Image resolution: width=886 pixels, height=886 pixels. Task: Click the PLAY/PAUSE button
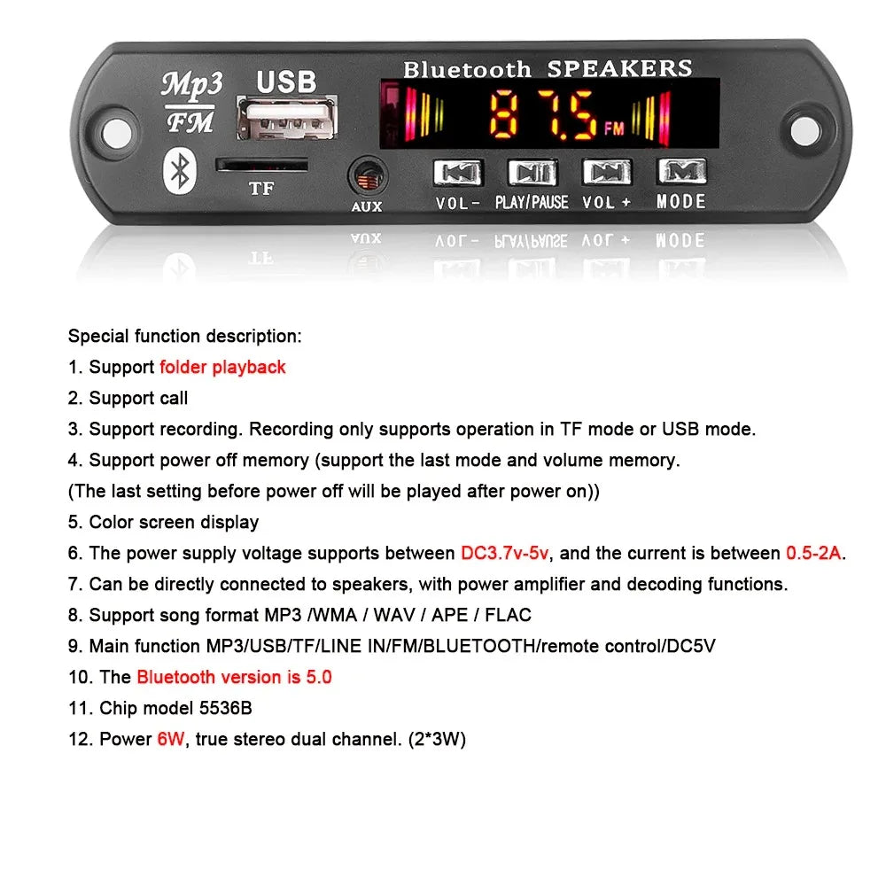pos(532,172)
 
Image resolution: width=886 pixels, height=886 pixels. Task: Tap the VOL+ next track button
pos(607,172)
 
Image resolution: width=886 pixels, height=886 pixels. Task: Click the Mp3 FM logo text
pos(190,103)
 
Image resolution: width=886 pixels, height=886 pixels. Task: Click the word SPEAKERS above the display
pos(619,68)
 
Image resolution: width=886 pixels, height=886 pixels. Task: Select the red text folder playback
pos(222,367)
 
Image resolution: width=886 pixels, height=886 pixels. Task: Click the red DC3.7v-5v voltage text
pos(505,553)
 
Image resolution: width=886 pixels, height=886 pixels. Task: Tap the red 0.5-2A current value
pos(813,553)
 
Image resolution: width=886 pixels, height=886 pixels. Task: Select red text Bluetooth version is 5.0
pos(234,677)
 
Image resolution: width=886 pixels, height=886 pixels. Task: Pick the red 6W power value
pos(170,739)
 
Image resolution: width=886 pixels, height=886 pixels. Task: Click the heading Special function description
pos(184,336)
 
